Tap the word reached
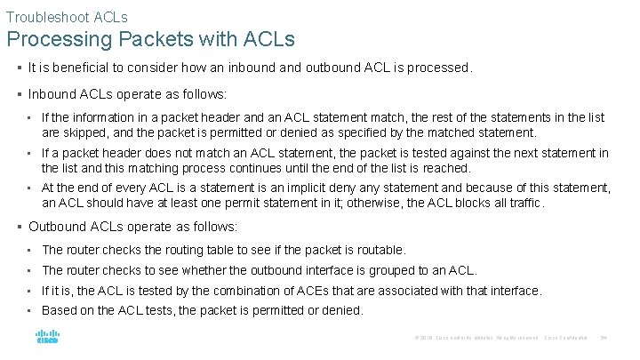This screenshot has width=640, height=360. (445, 167)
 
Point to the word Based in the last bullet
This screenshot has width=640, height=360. (60, 310)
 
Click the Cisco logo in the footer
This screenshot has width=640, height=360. (47, 337)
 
